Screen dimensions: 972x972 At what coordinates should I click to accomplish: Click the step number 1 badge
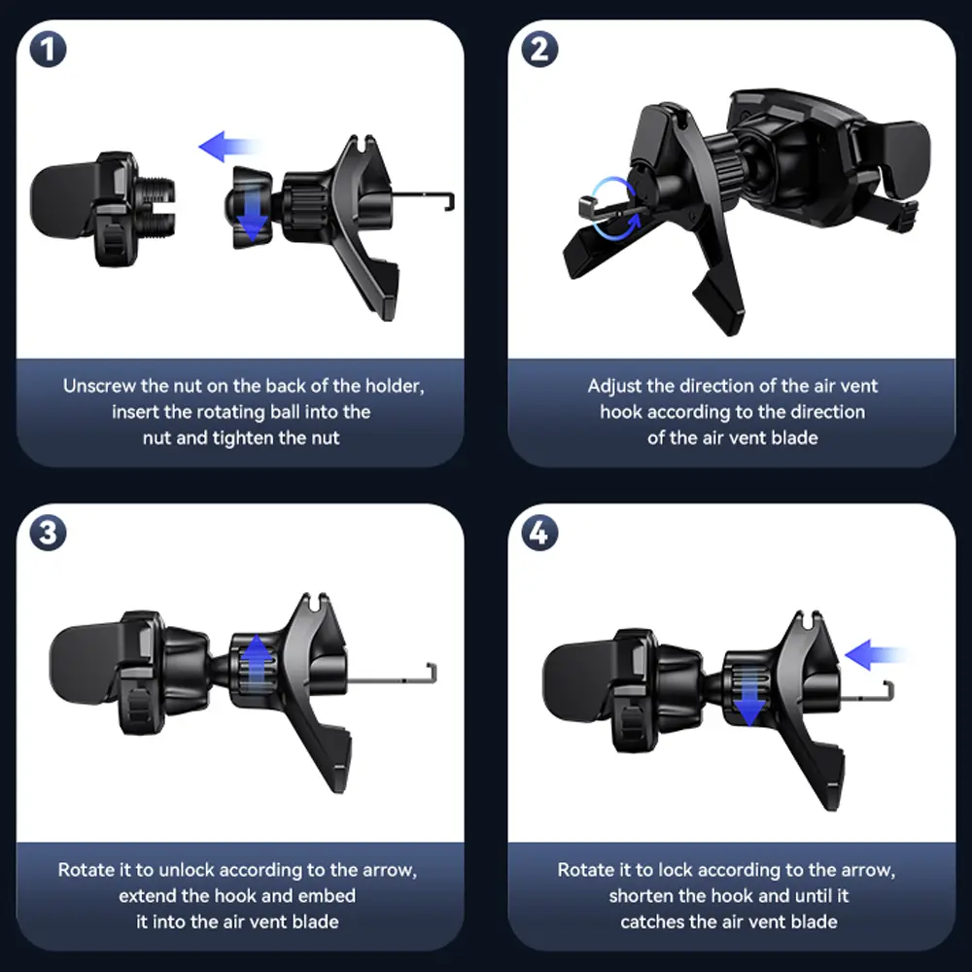click(48, 49)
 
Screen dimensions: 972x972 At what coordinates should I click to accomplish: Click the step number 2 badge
click(539, 49)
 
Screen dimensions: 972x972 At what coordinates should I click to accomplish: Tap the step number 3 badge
click(48, 533)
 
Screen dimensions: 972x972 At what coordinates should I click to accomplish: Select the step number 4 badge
click(539, 533)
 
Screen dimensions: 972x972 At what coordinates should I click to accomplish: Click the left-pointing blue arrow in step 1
click(228, 147)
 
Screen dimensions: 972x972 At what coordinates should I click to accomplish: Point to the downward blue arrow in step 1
click(253, 213)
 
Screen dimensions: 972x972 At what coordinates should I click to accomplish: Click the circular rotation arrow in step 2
click(613, 208)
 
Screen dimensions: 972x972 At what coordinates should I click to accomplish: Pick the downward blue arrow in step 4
click(749, 696)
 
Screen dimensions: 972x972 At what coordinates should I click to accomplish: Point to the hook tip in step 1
click(451, 202)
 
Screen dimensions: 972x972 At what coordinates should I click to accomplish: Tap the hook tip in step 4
click(890, 690)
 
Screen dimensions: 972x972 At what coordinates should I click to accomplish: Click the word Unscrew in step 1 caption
click(99, 386)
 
